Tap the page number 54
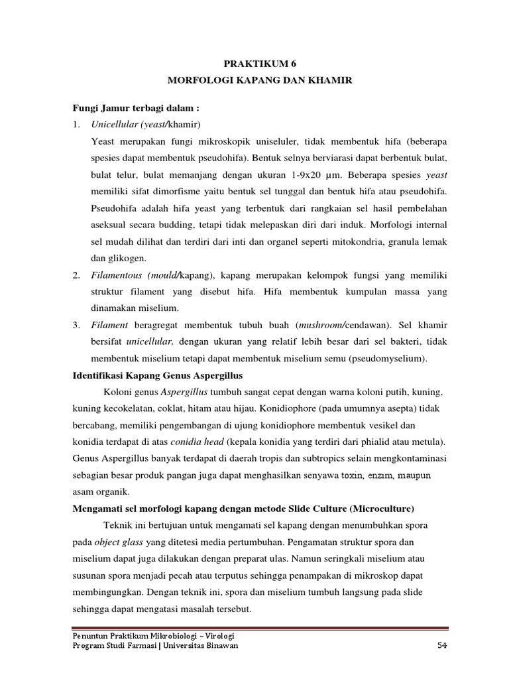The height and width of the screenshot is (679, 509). (x=443, y=647)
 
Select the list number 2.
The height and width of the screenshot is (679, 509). (x=77, y=275)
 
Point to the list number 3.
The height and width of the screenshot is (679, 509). (x=77, y=325)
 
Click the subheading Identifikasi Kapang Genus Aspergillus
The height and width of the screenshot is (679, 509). (x=154, y=376)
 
